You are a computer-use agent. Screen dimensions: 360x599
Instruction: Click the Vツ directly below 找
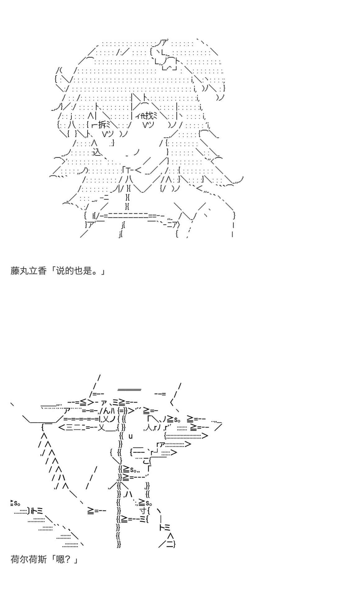coord(151,125)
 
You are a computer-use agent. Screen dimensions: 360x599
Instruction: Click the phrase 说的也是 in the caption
coord(74,271)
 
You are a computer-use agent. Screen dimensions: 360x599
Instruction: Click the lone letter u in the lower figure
coord(130,436)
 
